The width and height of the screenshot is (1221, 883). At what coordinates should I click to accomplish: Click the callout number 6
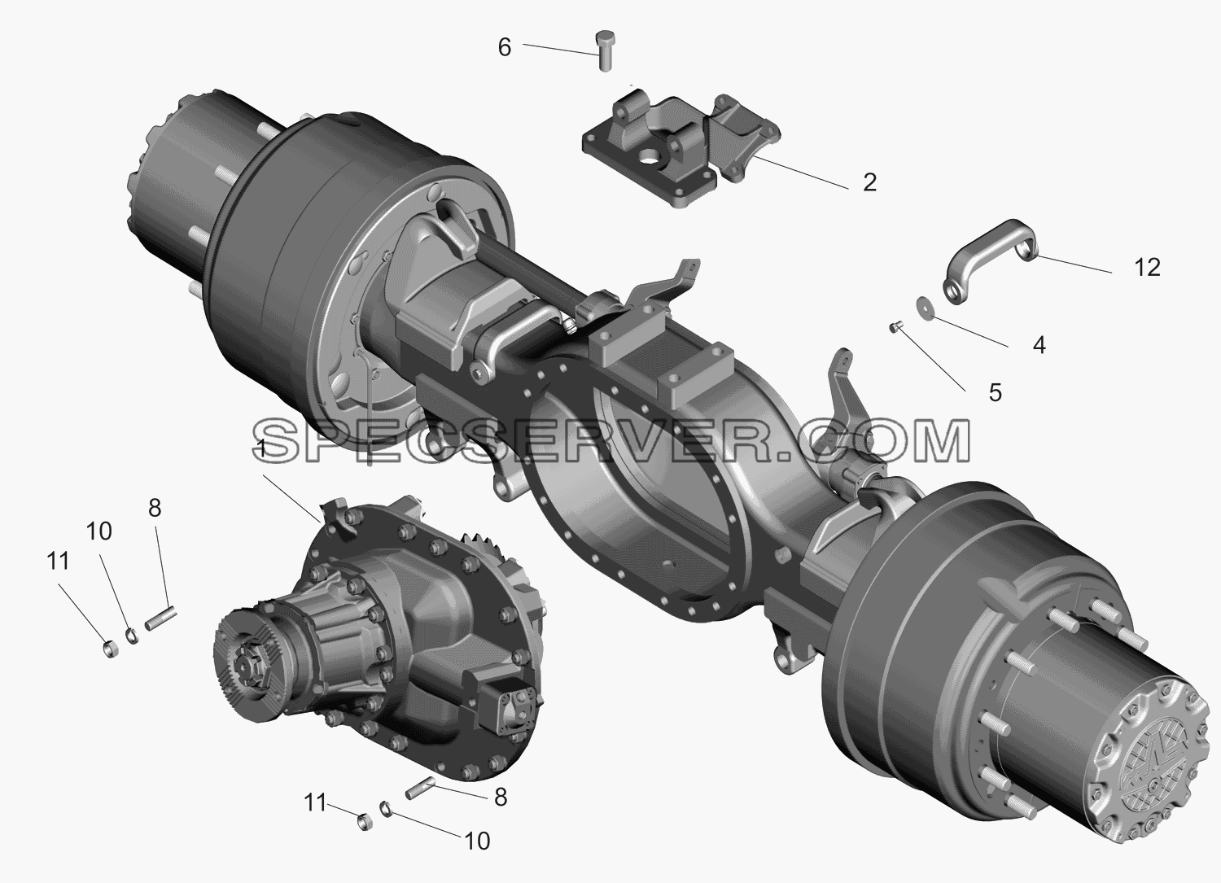504,48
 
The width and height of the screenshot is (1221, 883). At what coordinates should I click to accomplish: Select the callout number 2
869,182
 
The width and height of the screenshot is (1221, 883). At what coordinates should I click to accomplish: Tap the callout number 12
1148,268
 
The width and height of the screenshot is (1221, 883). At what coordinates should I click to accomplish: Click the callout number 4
1039,345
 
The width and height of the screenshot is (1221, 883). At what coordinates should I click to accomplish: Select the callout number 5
995,392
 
